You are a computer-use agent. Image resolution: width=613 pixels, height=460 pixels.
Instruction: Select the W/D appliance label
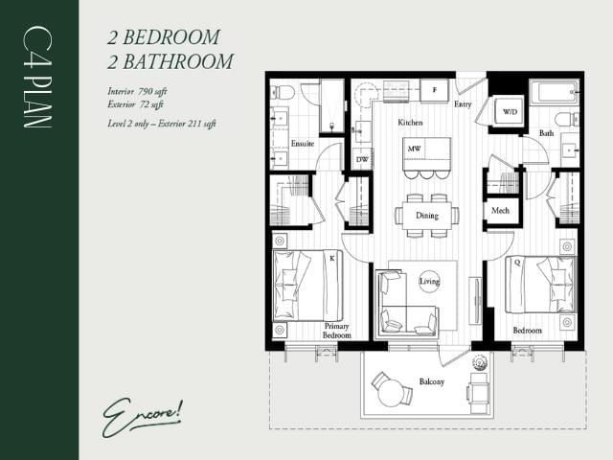[x=510, y=113]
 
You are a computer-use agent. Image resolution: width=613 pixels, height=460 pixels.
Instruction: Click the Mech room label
[x=500, y=210]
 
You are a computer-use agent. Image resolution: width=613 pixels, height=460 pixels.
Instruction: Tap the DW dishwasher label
[x=363, y=159]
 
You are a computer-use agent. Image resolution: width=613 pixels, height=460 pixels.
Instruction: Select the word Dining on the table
[x=426, y=216]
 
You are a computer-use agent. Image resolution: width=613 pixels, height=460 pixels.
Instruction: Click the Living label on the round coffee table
[x=428, y=282]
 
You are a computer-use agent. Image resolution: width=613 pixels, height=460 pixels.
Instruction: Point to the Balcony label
[x=431, y=382]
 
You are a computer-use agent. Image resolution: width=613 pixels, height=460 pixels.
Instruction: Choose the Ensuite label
[x=304, y=145]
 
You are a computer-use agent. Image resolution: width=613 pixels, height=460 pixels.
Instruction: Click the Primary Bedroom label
[x=336, y=331]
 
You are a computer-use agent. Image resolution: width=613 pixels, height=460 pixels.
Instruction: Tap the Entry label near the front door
[x=464, y=104]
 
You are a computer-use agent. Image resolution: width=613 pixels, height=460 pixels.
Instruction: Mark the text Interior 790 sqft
[x=139, y=90]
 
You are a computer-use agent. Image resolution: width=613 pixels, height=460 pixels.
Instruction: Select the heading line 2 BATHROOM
[x=170, y=61]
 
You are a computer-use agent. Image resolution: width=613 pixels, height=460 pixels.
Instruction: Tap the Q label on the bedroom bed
[x=517, y=260]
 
